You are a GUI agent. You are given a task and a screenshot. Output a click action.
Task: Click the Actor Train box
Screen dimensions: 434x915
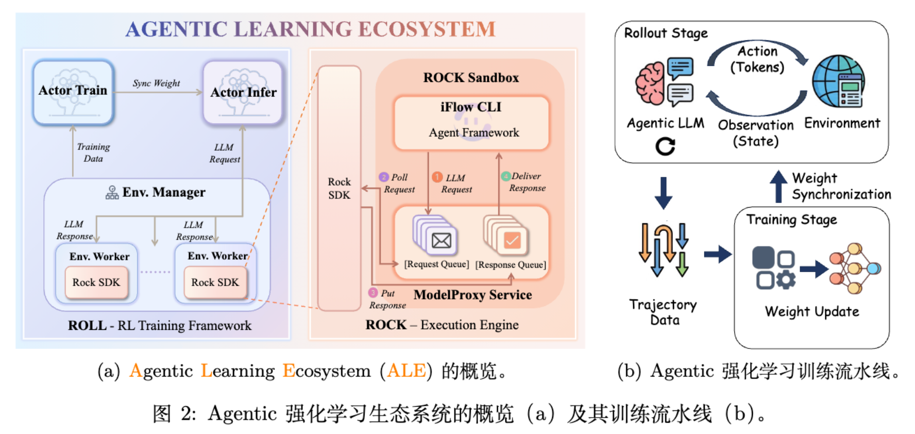click(x=73, y=92)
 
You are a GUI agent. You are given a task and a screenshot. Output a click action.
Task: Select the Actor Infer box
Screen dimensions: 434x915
click(x=243, y=93)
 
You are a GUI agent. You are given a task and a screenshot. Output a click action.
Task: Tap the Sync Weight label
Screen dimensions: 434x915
click(x=156, y=84)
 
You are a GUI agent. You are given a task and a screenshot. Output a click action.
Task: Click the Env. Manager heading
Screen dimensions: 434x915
click(x=163, y=192)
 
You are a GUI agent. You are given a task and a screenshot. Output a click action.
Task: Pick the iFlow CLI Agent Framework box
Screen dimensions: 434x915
click(x=471, y=122)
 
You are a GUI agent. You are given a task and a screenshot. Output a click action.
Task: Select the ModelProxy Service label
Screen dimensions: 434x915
click(x=472, y=295)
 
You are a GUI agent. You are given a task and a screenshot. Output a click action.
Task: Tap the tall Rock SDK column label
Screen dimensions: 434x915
click(x=339, y=189)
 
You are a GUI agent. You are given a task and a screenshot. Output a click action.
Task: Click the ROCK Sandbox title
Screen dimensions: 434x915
click(x=471, y=78)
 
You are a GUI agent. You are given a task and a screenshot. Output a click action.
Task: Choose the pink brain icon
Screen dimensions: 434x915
click(x=650, y=84)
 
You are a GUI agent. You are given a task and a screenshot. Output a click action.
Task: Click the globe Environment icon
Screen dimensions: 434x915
click(x=838, y=81)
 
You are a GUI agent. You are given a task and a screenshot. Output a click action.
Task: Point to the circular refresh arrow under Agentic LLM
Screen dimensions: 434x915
click(x=665, y=146)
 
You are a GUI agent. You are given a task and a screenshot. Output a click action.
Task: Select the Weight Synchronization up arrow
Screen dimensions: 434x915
click(x=778, y=186)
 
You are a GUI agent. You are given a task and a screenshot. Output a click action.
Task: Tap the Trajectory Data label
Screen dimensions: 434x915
click(x=663, y=312)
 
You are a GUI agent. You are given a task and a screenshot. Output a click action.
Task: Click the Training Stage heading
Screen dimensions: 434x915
click(x=791, y=220)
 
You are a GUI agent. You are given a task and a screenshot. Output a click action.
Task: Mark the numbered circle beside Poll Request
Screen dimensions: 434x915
click(x=383, y=177)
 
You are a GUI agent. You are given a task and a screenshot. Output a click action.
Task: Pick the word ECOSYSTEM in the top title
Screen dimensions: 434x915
click(x=427, y=29)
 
